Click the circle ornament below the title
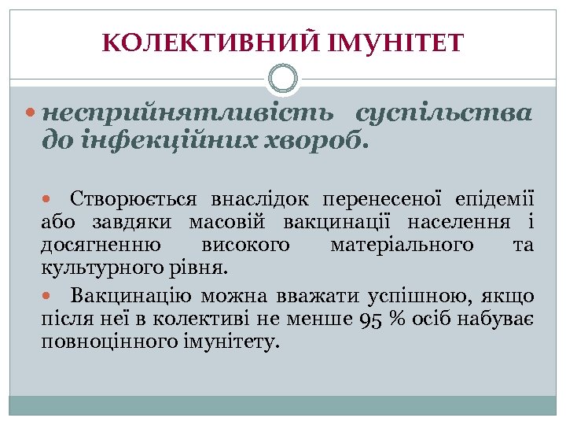coord(283,79)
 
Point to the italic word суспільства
coord(444,115)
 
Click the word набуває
coord(500,320)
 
